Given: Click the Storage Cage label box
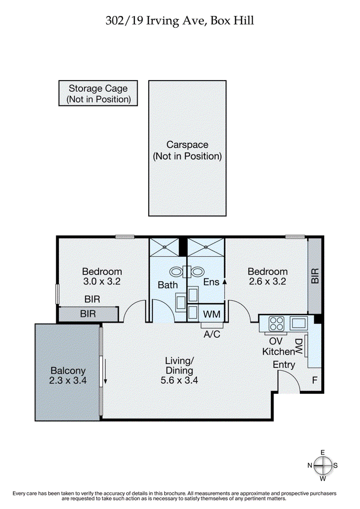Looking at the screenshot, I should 97,93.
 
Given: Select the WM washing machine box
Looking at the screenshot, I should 212,314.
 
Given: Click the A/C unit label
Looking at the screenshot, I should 212,334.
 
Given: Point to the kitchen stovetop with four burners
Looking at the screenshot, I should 275,324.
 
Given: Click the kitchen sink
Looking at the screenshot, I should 299,323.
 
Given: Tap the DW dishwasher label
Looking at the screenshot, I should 299,347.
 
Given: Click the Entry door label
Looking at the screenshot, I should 284,364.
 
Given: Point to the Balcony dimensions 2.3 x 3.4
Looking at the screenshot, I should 68,381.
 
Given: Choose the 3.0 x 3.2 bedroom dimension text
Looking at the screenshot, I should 102,281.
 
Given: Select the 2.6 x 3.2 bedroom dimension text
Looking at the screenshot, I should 268,281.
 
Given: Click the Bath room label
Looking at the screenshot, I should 168,285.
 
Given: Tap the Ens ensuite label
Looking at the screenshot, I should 211,282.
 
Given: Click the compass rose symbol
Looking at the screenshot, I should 323,465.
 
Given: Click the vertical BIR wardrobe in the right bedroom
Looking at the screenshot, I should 314,275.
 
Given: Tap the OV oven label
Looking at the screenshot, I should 275,341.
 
